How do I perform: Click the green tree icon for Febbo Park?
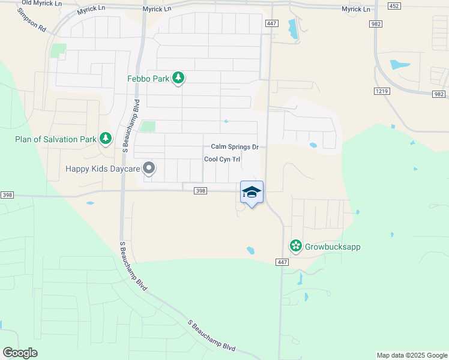click(x=178, y=78)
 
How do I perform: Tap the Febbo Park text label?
click(x=148, y=79)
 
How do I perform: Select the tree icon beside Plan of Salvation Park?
click(x=106, y=139)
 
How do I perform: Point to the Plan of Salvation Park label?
click(x=56, y=140)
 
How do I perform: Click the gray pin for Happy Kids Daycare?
click(x=148, y=169)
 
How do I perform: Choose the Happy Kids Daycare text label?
click(x=103, y=169)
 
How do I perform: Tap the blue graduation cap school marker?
click(x=252, y=193)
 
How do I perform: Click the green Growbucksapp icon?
click(x=295, y=246)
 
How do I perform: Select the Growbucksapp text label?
click(x=333, y=247)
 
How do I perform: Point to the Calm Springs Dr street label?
click(x=234, y=147)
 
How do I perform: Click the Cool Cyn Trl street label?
click(x=222, y=159)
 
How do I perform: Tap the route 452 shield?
click(x=394, y=5)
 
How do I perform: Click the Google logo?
click(x=20, y=352)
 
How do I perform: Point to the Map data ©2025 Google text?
click(x=411, y=355)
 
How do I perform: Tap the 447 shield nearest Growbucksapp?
click(x=283, y=262)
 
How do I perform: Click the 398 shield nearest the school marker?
click(x=200, y=191)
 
